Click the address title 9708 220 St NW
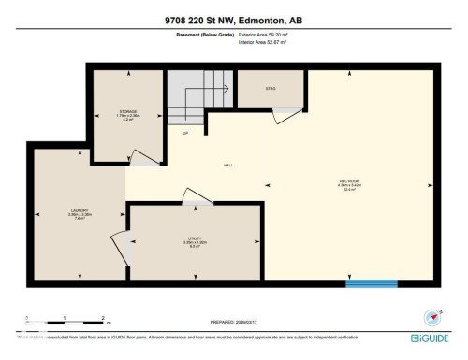(x=233, y=21)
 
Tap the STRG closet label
(x=270, y=91)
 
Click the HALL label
(x=227, y=166)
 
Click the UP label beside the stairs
(x=185, y=132)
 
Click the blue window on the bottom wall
(x=365, y=282)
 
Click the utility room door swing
(x=197, y=196)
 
